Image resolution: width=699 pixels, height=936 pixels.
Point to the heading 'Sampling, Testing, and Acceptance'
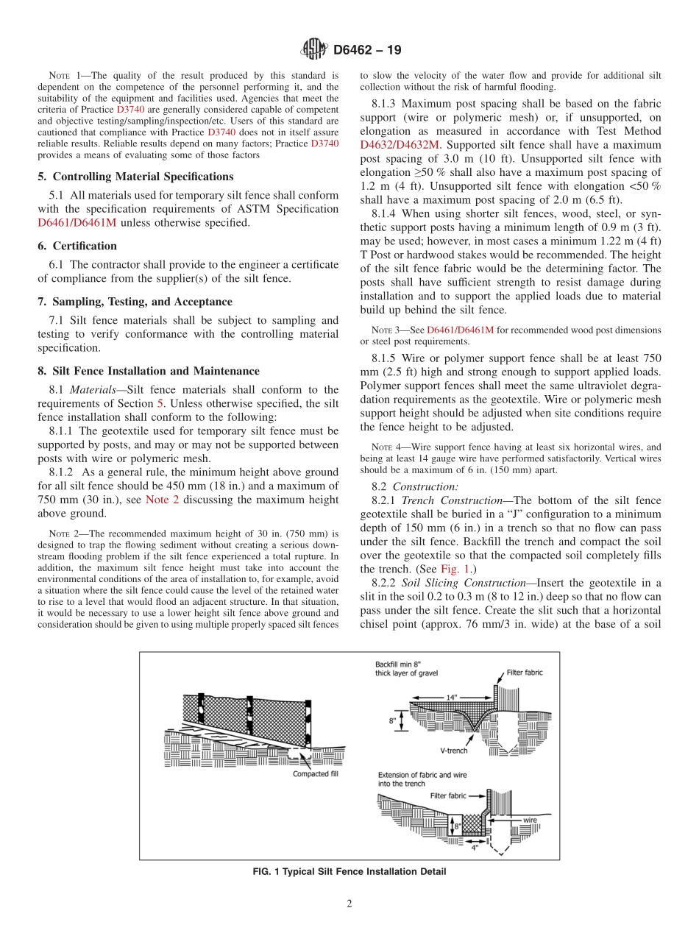click(135, 302)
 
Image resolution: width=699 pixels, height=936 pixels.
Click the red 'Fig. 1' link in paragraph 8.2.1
click(449, 569)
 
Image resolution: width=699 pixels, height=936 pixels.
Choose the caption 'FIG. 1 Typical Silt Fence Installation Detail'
click(349, 872)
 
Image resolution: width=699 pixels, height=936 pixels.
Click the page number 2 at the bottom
click(349, 904)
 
